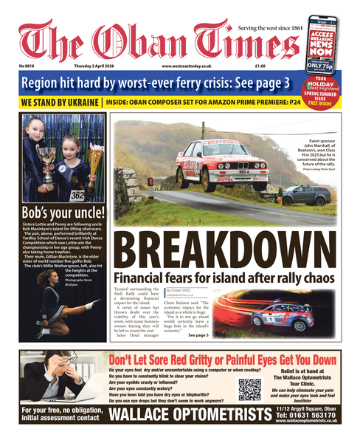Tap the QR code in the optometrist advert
tap(249, 388)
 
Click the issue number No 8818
tap(30, 68)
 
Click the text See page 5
tap(198, 336)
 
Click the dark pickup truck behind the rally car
tap(302, 195)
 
